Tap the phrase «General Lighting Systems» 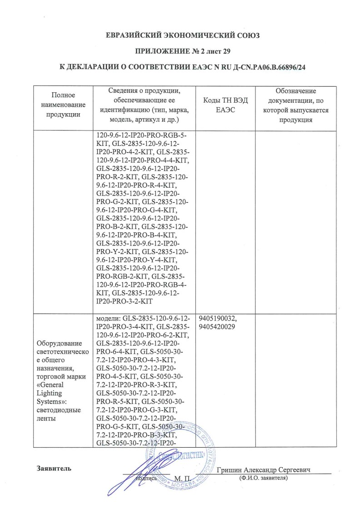click(55, 387)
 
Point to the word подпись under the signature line click(146, 479)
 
